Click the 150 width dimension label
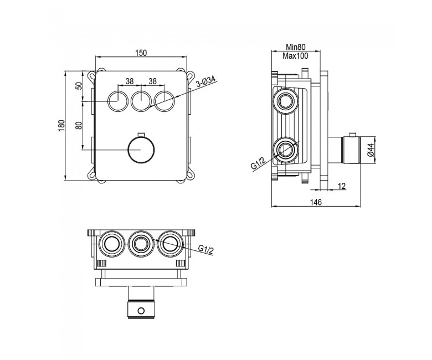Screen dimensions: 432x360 click(141, 53)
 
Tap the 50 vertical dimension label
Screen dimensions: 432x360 click(79, 86)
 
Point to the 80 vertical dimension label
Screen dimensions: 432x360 click(79, 125)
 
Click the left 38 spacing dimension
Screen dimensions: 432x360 click(130, 81)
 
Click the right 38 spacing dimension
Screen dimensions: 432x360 click(152, 81)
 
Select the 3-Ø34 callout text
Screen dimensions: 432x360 click(207, 82)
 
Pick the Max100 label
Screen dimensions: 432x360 click(295, 56)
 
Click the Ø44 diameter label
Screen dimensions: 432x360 click(371, 150)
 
